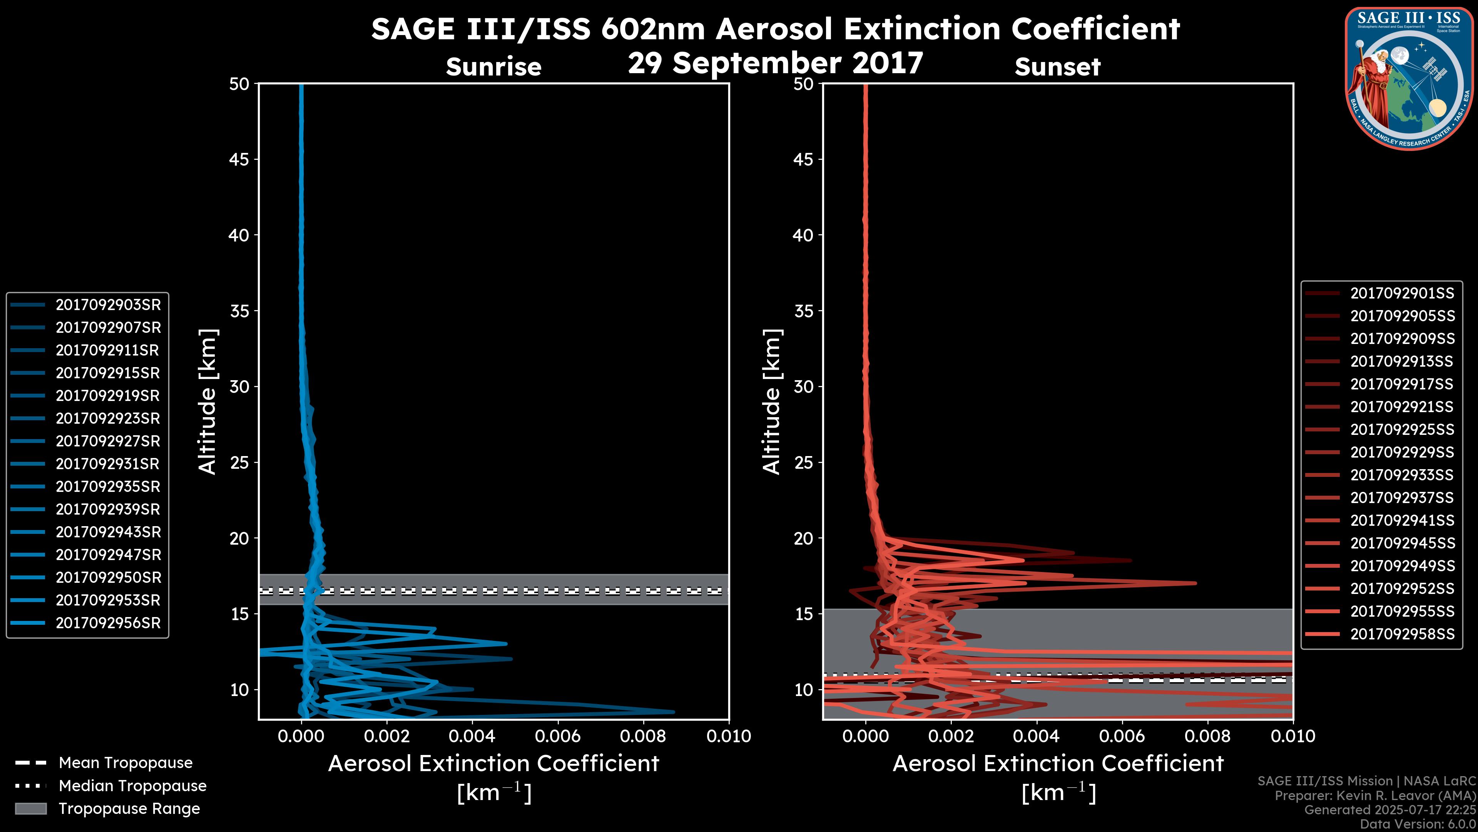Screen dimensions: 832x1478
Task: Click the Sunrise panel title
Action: click(493, 67)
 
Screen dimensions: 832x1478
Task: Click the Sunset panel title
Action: click(1057, 67)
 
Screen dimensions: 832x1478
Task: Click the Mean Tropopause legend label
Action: click(125, 763)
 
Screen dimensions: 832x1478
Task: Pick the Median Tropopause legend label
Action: click(132, 786)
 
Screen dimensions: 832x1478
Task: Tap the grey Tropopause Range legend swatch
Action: click(30, 809)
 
